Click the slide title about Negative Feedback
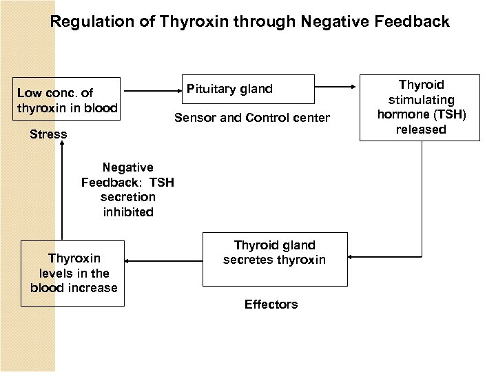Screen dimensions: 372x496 point(249,22)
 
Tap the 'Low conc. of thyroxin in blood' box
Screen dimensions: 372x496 point(67,101)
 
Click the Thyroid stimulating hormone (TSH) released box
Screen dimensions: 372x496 point(420,107)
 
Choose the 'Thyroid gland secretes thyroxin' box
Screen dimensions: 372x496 point(274,259)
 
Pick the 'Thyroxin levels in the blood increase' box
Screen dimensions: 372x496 point(73,273)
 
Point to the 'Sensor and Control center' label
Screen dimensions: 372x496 point(251,118)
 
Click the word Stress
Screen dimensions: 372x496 point(48,134)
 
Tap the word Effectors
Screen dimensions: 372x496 point(271,304)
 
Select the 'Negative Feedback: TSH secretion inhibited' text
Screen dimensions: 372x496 point(128,189)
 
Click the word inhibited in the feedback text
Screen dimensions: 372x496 point(128,212)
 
